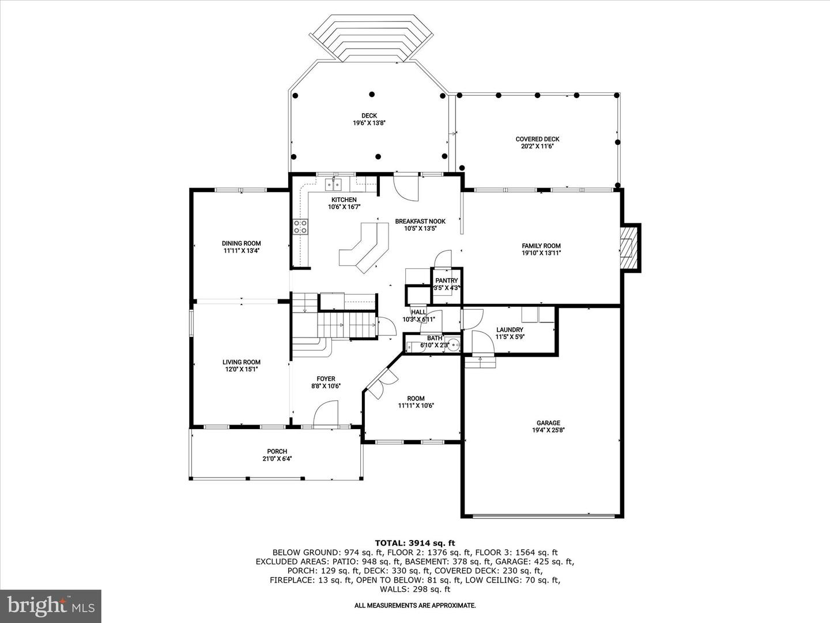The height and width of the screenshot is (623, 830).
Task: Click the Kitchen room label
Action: click(x=344, y=200)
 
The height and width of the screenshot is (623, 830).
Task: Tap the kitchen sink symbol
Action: click(x=334, y=185)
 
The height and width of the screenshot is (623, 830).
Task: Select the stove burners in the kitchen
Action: click(x=301, y=227)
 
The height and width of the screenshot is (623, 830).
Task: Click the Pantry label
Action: click(x=447, y=281)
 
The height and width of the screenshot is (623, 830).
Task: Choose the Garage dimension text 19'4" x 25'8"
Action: click(x=548, y=430)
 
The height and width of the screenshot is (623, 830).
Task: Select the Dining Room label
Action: click(x=242, y=243)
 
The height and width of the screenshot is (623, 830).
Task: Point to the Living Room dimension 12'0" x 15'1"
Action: click(x=242, y=369)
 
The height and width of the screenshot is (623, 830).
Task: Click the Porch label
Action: click(x=277, y=451)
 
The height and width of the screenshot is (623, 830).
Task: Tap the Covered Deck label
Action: click(x=537, y=139)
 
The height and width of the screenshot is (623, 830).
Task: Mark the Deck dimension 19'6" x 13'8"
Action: click(x=369, y=123)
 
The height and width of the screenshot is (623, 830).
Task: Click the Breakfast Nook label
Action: click(x=421, y=222)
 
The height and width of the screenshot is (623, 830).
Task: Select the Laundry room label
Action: click(x=510, y=330)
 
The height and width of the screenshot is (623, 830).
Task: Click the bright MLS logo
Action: click(x=51, y=606)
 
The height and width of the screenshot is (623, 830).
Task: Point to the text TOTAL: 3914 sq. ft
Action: click(x=415, y=543)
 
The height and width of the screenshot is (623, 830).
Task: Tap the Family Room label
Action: click(x=541, y=246)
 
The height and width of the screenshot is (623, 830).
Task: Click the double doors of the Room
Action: click(x=382, y=383)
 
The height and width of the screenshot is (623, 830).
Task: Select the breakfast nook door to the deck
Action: click(x=406, y=188)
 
